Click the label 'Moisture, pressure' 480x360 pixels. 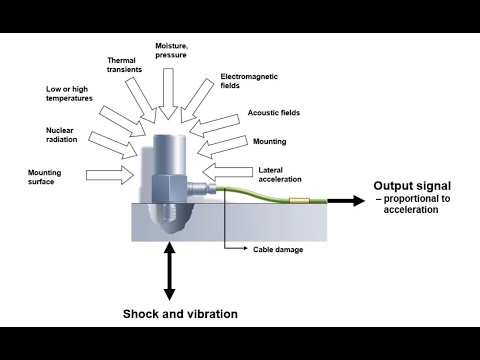(x=171, y=50)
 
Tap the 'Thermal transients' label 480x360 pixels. (x=124, y=65)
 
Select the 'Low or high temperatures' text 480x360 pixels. (x=69, y=94)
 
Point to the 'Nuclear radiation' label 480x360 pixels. (x=62, y=135)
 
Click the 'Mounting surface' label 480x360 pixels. (x=44, y=177)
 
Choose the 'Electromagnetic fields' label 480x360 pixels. (x=249, y=81)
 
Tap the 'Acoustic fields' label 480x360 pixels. (x=274, y=113)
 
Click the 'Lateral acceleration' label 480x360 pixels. (x=280, y=175)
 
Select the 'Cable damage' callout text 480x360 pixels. (x=278, y=249)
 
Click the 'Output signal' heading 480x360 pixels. (x=412, y=186)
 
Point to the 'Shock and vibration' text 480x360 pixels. (x=180, y=314)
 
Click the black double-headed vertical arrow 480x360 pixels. (x=170, y=271)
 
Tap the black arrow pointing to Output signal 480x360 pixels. (x=346, y=201)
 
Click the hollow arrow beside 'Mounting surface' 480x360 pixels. (x=110, y=175)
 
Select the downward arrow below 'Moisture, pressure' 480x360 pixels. (x=169, y=94)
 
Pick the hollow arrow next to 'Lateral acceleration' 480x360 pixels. (x=227, y=172)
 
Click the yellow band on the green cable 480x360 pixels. (x=299, y=201)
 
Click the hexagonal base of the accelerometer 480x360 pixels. (x=169, y=188)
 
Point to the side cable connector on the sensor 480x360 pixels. (x=201, y=189)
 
